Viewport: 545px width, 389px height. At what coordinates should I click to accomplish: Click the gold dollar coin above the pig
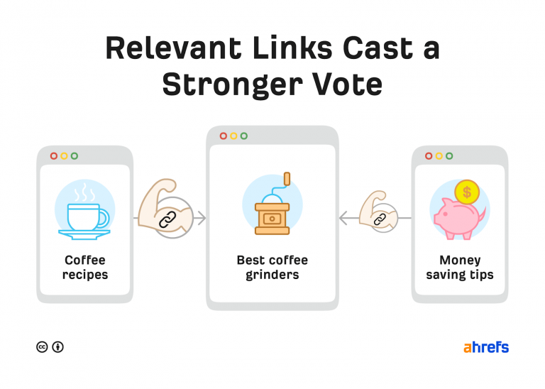tap(466, 191)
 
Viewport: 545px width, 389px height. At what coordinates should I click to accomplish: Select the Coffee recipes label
tap(84, 268)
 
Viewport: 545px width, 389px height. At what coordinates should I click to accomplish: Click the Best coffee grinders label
tap(272, 268)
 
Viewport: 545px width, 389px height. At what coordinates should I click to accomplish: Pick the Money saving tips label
tap(459, 268)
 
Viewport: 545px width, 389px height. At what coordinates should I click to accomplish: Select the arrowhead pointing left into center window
tap(343, 219)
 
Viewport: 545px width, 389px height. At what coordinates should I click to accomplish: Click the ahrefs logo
tap(486, 347)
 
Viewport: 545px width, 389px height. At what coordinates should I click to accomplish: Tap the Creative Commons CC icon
tap(42, 347)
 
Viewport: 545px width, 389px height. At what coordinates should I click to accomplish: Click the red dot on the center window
tap(224, 136)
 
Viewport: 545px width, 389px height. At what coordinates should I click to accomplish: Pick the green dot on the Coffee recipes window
tap(75, 156)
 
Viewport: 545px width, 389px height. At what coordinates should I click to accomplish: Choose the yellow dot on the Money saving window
tap(439, 156)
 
